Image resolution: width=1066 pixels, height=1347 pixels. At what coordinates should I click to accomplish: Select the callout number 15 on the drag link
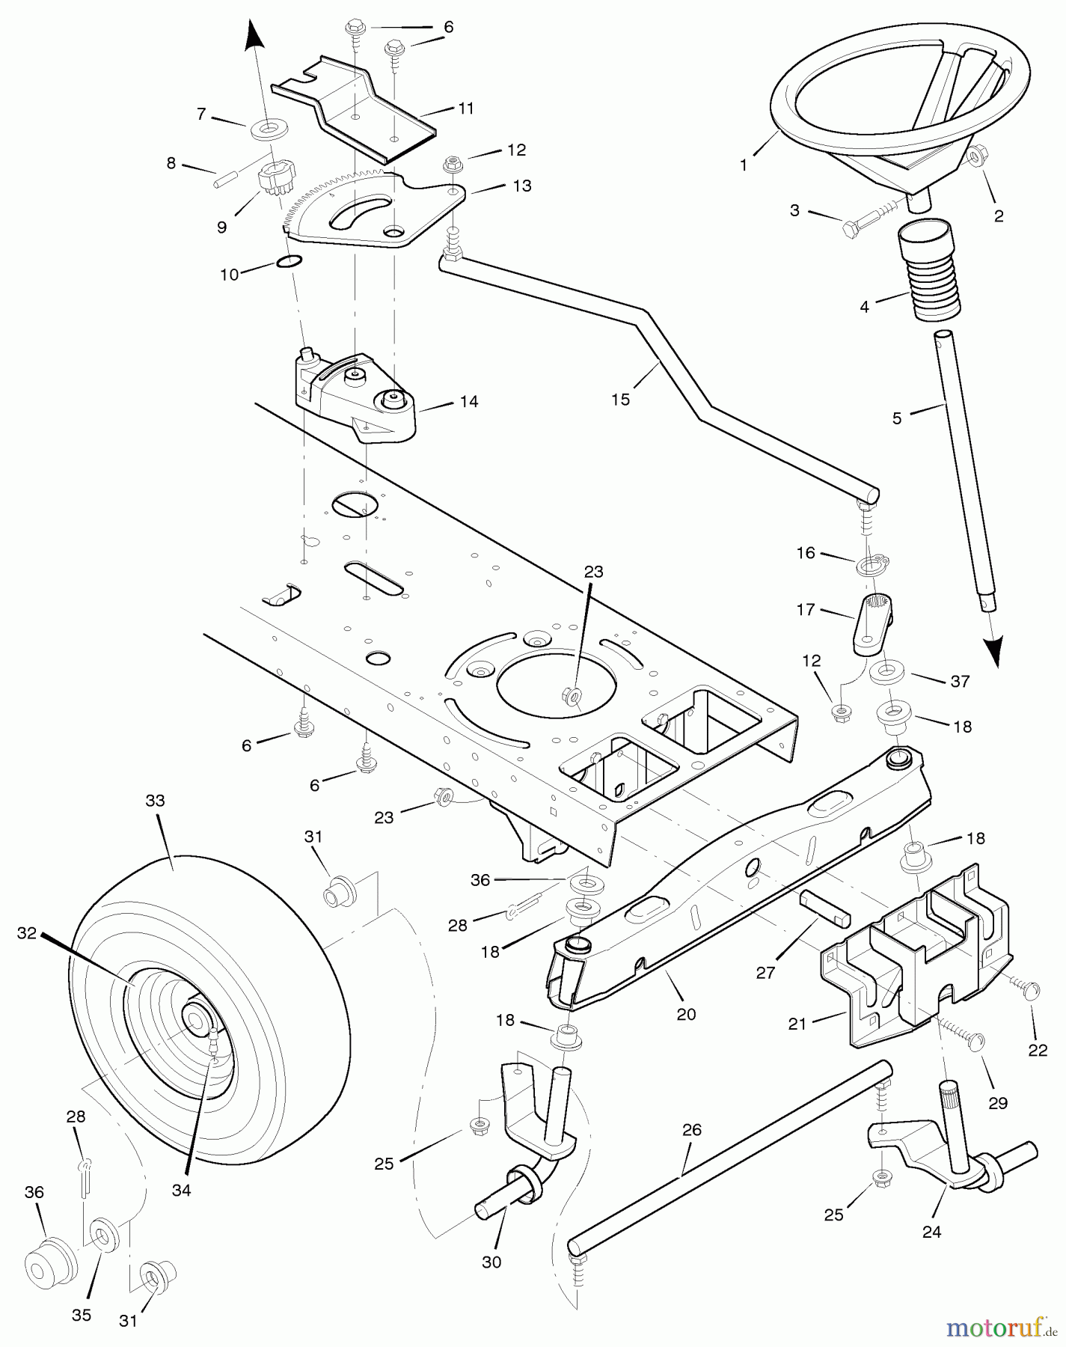pyautogui.click(x=620, y=399)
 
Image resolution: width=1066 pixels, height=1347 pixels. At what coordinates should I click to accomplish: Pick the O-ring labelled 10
pyautogui.click(x=290, y=261)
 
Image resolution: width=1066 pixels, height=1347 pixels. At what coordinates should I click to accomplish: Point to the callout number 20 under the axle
pyautogui.click(x=686, y=1014)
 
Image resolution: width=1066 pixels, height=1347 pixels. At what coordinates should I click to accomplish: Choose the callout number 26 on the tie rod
pyautogui.click(x=692, y=1129)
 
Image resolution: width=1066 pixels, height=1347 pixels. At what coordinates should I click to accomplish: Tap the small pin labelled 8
pyautogui.click(x=227, y=180)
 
